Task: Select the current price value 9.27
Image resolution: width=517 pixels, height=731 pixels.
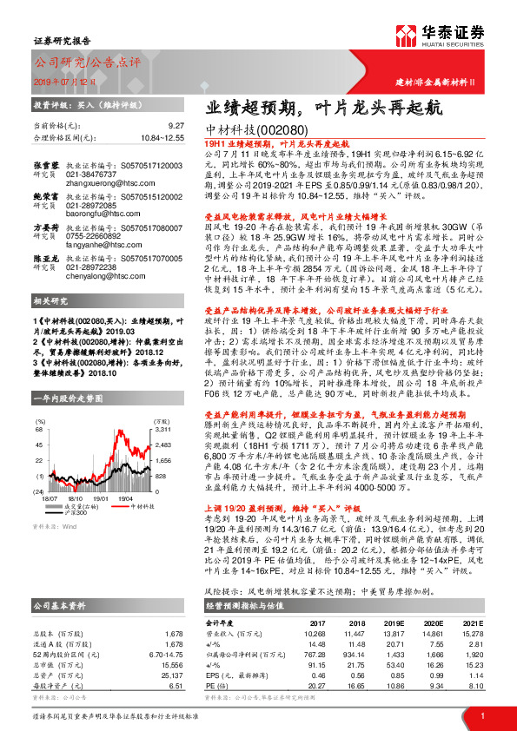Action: coord(176,126)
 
